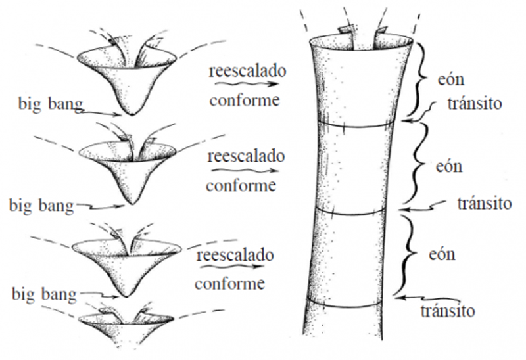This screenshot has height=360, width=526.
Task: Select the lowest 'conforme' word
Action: (230, 284)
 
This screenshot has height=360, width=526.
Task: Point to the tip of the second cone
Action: (133, 202)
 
